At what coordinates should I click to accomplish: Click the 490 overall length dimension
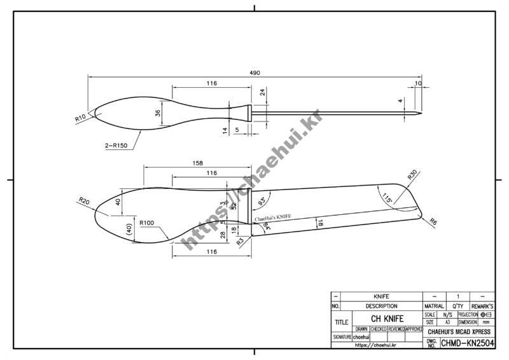254,73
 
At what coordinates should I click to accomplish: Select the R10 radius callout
80,118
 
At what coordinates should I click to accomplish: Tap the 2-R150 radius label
116,146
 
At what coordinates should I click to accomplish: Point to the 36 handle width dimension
158,113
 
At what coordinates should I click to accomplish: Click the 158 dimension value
198,163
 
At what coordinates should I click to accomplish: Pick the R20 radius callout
84,202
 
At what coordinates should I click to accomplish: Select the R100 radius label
147,223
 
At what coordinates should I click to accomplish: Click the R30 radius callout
412,174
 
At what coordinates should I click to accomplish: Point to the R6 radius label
433,222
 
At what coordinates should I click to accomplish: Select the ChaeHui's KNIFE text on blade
273,218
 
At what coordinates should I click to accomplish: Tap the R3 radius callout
241,242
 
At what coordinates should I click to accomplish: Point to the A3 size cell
447,322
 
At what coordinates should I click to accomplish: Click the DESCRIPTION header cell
381,306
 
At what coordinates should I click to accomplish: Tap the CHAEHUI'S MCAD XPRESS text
458,331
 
